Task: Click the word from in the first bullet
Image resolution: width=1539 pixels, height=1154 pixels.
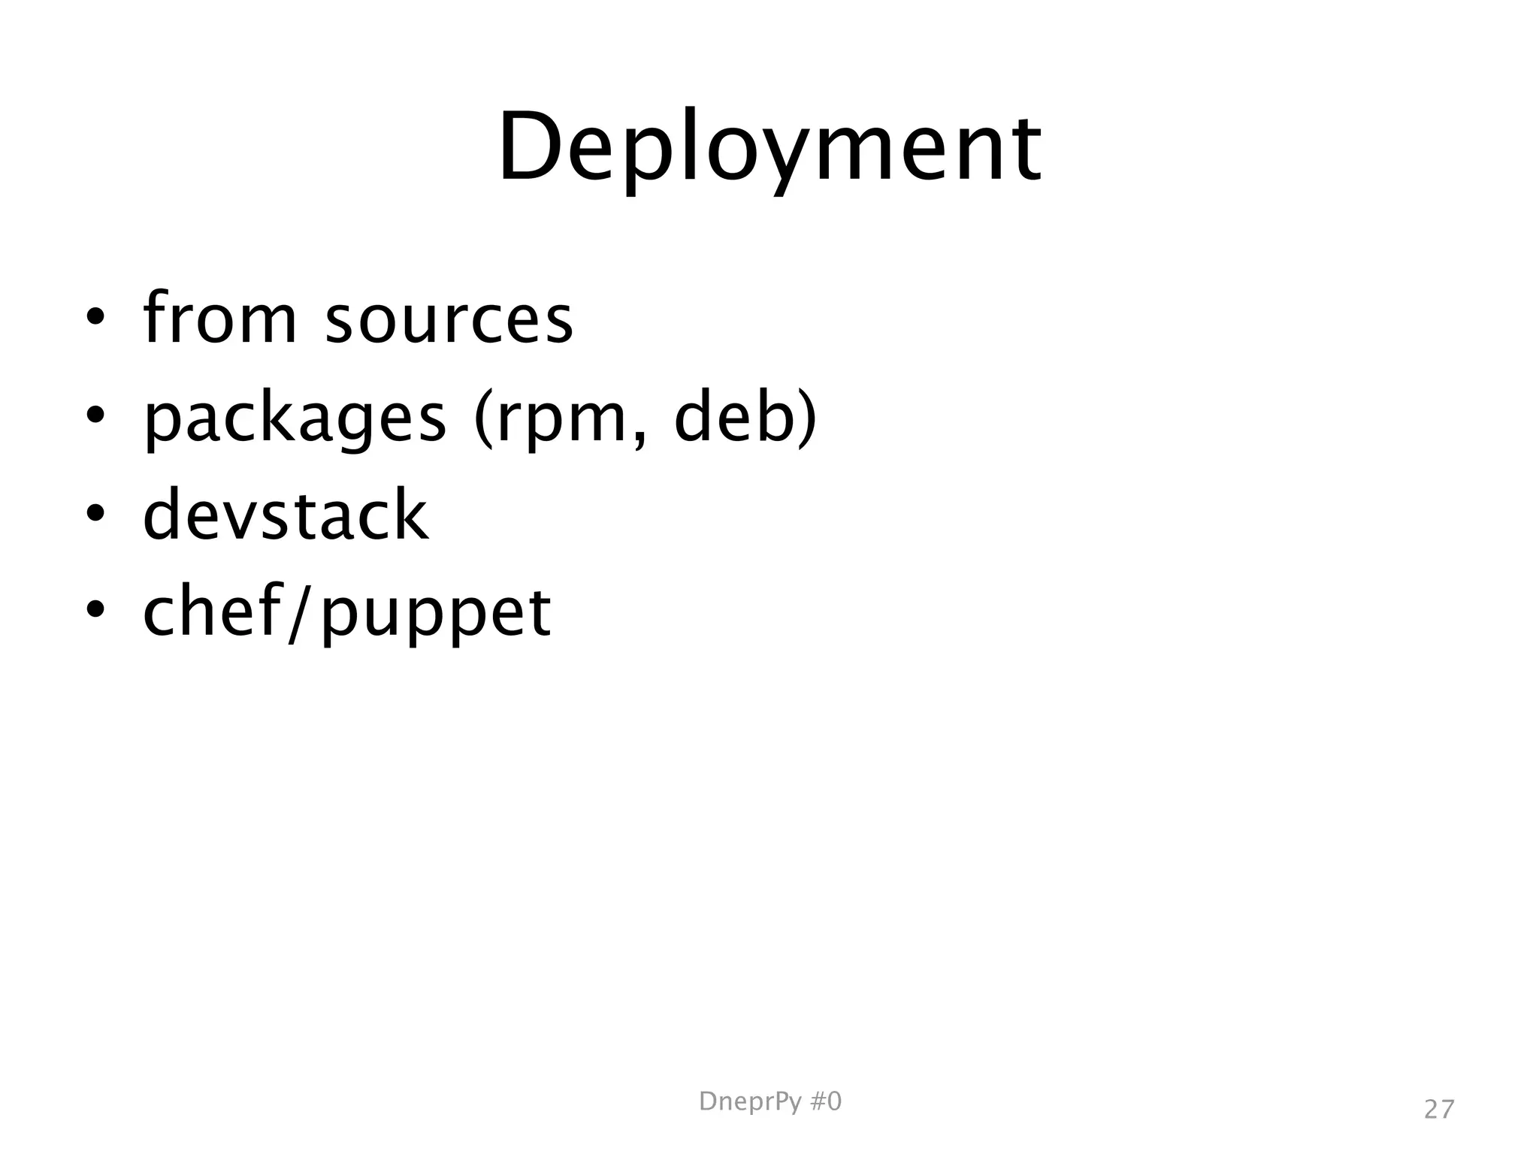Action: [x=219, y=319]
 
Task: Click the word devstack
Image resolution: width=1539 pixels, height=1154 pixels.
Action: [x=286, y=515]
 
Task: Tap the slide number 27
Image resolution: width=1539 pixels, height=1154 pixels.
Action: [x=1439, y=1110]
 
